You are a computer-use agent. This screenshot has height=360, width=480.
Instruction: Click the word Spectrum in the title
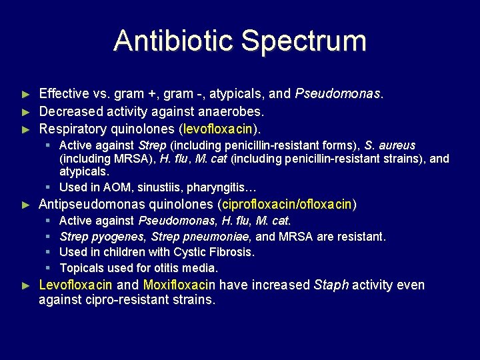pyautogui.click(x=304, y=41)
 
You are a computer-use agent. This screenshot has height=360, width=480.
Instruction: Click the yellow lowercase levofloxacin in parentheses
pyautogui.click(x=217, y=128)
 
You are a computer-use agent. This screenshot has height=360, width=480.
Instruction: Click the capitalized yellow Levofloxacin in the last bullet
pyautogui.click(x=76, y=285)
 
